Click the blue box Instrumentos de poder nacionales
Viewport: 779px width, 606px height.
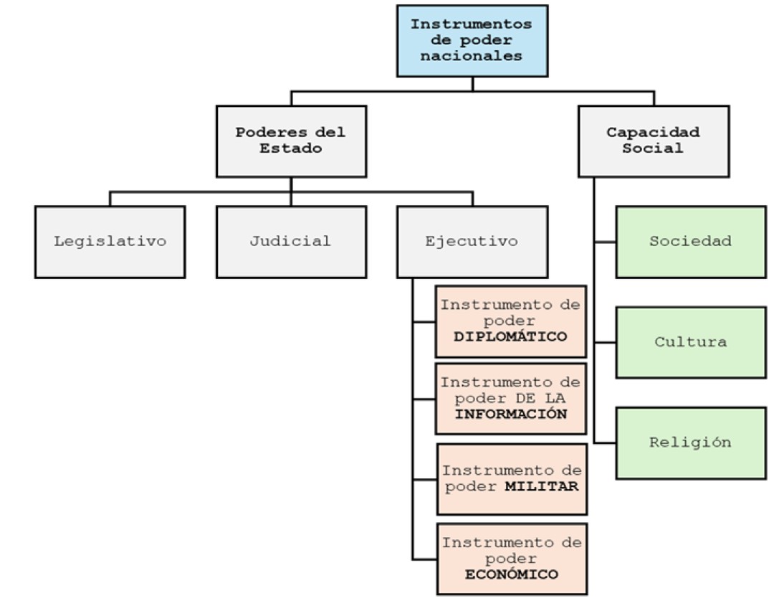472,40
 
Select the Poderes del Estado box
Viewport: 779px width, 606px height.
291,141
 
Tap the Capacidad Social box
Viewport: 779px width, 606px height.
653,141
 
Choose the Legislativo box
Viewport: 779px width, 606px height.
110,242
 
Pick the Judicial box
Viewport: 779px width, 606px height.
291,242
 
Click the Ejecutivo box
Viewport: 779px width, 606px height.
472,242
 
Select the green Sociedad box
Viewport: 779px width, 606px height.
690,242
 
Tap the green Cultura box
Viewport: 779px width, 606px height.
690,342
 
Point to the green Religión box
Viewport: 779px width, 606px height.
690,442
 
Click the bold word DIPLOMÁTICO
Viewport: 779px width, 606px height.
511,337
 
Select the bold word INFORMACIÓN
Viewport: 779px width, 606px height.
511,415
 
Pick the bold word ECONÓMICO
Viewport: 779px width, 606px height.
511,574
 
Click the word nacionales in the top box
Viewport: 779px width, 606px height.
472,55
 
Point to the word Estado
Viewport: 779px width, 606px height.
291,149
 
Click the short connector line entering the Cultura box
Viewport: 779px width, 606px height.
605,343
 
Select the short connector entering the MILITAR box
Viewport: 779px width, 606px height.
425,479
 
